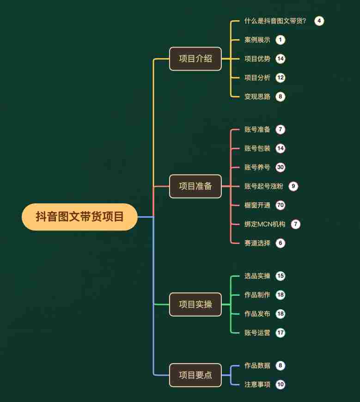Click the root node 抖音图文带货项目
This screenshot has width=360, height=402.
79,217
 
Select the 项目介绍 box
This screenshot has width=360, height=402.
195,59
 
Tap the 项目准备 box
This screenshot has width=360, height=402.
195,186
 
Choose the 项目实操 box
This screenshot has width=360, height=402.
195,305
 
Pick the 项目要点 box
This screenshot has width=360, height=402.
195,375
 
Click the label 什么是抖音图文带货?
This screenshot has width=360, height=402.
275,21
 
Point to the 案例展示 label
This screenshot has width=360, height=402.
257,40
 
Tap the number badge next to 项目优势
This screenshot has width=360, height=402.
280,59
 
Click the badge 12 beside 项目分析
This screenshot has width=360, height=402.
280,78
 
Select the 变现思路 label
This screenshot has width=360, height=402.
257,97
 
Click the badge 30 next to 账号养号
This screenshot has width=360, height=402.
280,167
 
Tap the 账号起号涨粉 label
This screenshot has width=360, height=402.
263,186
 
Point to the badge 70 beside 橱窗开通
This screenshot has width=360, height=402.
280,205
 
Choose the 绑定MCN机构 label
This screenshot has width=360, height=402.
265,224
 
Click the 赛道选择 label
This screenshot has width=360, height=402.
257,243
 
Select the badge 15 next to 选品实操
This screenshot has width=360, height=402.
280,276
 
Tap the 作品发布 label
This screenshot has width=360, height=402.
257,314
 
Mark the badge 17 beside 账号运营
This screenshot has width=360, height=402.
280,333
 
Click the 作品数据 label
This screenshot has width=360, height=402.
257,365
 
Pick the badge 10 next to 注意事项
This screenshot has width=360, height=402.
280,384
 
